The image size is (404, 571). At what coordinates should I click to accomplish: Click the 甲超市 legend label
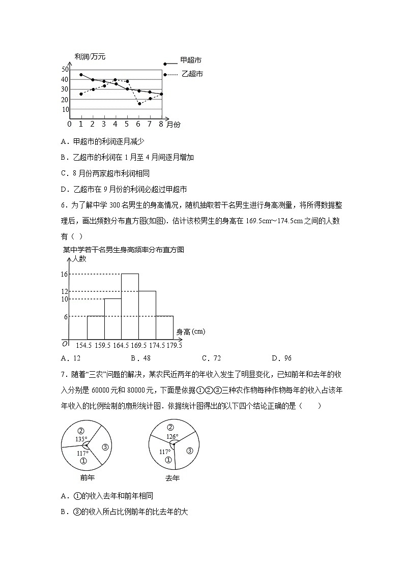[x=191, y=59]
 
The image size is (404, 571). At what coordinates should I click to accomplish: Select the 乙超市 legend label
[x=192, y=74]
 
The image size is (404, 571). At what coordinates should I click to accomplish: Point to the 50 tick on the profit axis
[x=65, y=69]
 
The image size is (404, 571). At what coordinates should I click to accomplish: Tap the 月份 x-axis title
[x=174, y=124]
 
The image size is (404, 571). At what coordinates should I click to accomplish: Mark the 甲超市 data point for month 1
[x=81, y=75]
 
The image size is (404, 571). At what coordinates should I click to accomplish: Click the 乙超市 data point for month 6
[x=139, y=104]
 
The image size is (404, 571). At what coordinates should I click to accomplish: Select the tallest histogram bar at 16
[x=130, y=306]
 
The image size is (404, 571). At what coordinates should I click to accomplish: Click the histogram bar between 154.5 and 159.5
[x=96, y=327]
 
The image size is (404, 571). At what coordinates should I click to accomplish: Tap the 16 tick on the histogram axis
[x=64, y=274]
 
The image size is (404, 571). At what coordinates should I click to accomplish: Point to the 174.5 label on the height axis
[x=156, y=345]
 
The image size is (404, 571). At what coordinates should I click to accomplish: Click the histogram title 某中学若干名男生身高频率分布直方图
[x=123, y=250]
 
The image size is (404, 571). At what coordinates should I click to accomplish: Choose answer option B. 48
[x=140, y=358]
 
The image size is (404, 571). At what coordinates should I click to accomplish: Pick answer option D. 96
[x=281, y=358]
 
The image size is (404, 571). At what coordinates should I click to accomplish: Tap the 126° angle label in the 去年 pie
[x=172, y=436]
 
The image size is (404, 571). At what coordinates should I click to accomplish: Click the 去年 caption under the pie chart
[x=172, y=478]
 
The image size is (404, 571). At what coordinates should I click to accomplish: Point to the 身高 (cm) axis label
[x=191, y=332]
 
